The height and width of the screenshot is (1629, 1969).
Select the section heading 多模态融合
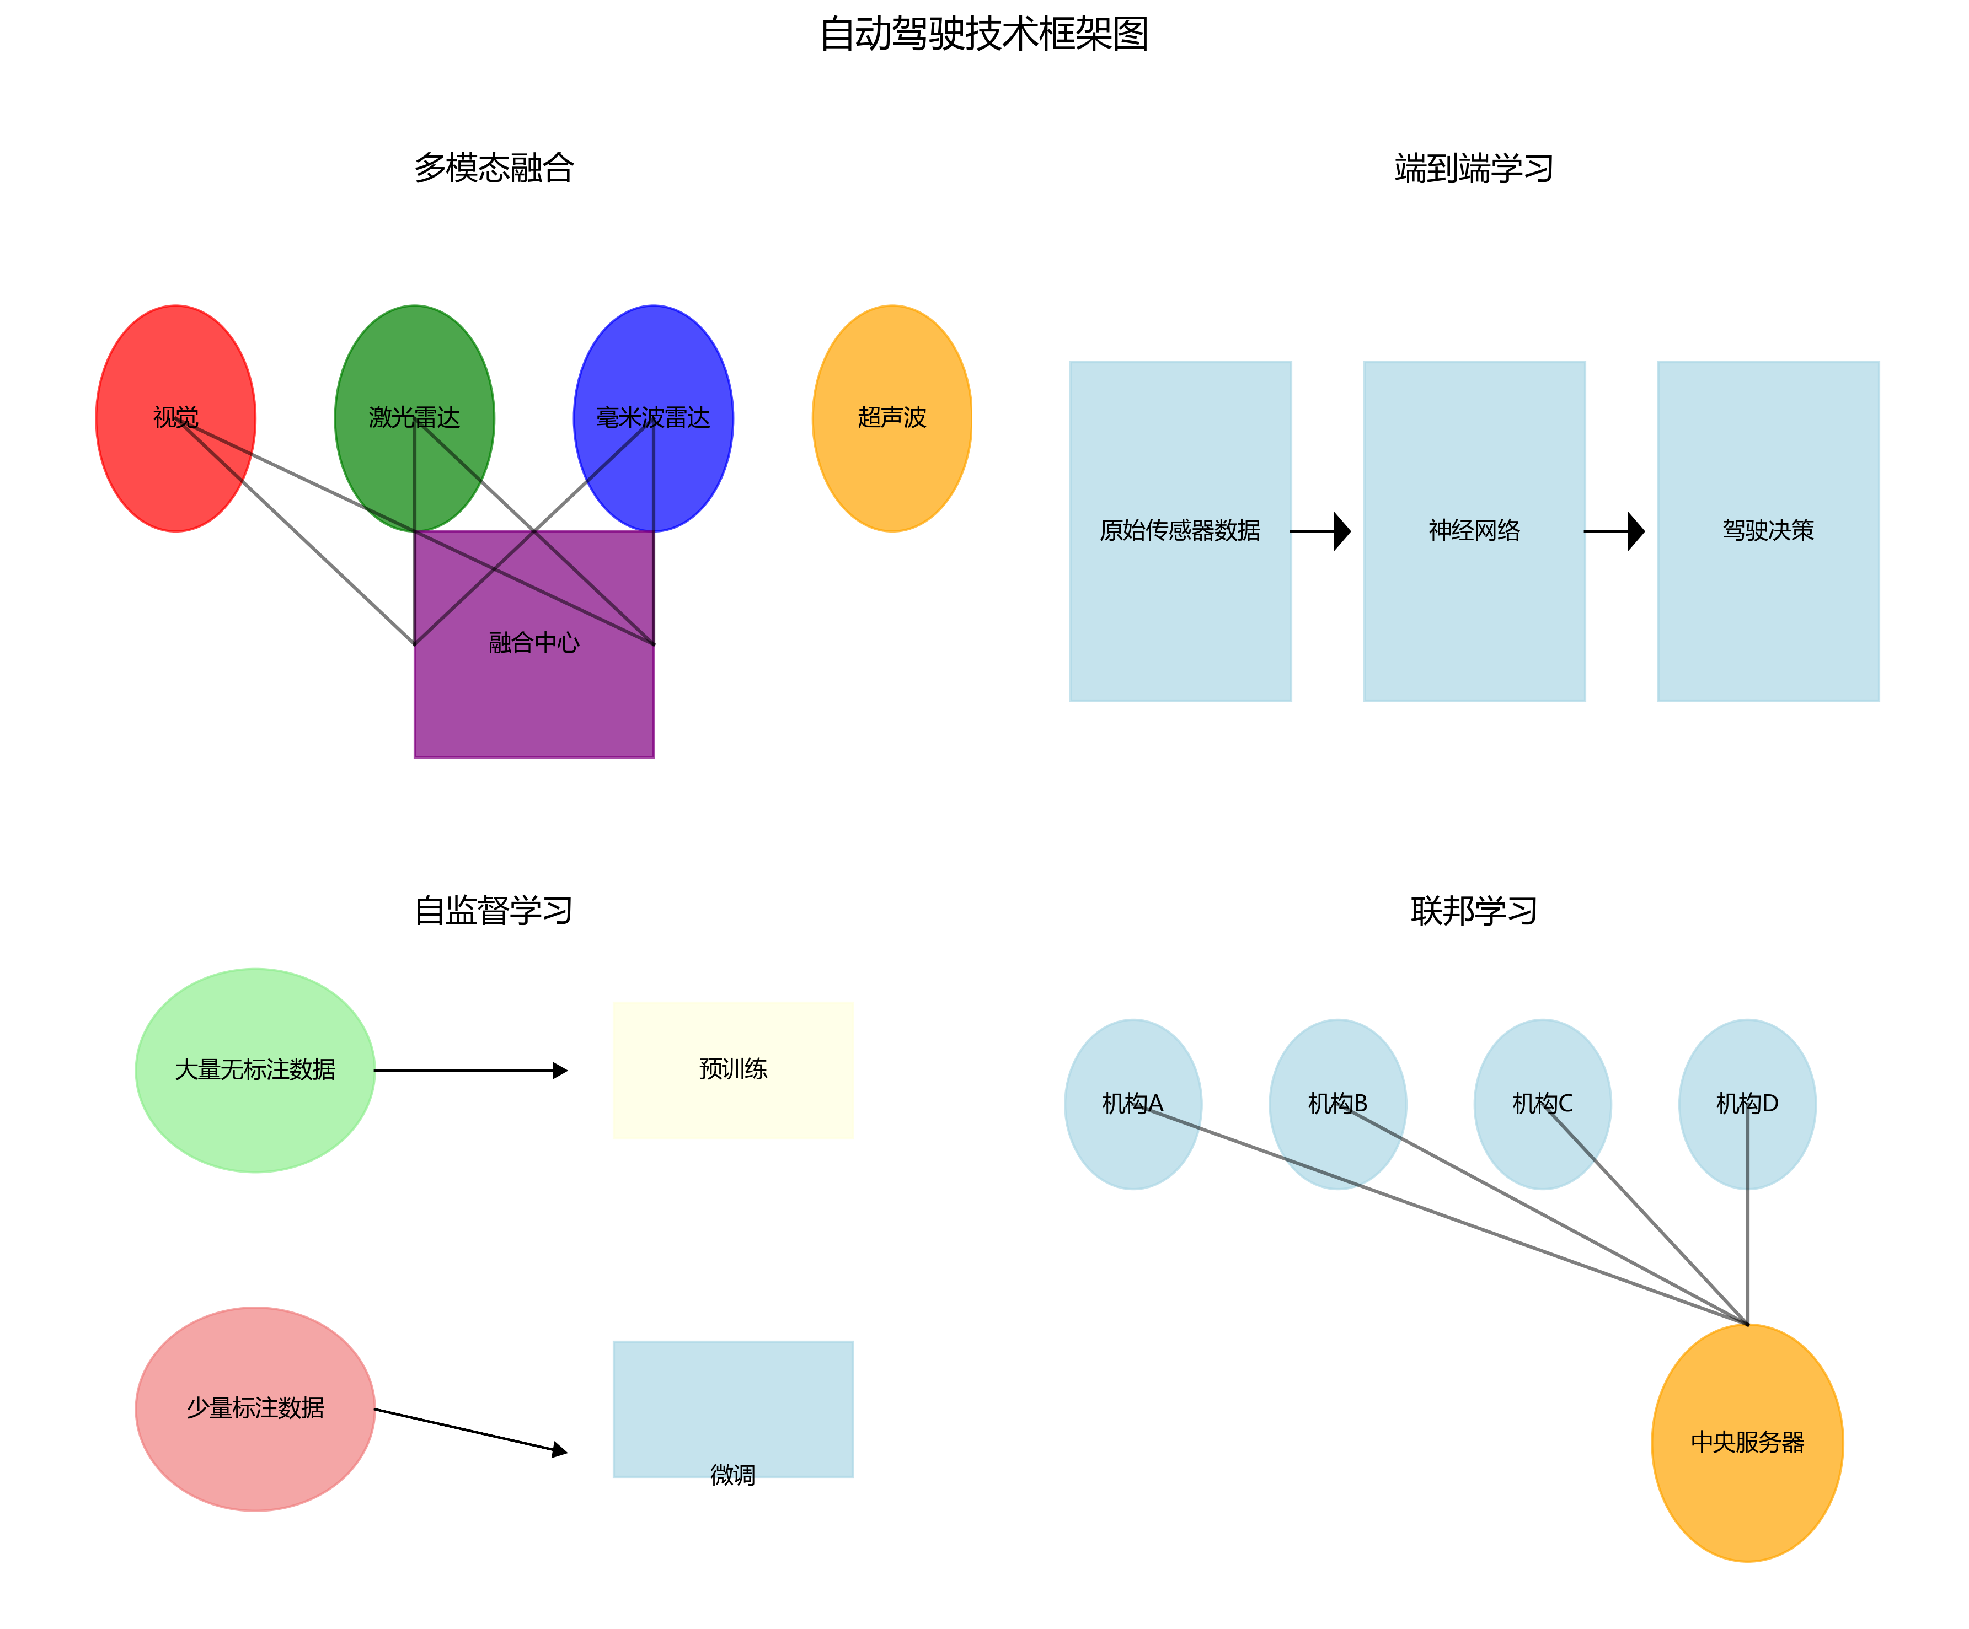tap(494, 168)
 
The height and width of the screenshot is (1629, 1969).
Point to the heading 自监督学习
tap(494, 910)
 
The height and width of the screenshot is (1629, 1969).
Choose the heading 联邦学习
tap(1474, 910)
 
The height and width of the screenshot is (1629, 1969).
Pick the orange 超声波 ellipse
tap(892, 418)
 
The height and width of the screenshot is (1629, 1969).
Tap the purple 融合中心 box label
tap(533, 643)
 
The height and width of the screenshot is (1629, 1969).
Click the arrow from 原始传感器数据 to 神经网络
tap(1322, 531)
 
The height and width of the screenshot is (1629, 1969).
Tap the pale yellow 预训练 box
tap(732, 1069)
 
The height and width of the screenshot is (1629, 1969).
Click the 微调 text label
tap(732, 1475)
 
